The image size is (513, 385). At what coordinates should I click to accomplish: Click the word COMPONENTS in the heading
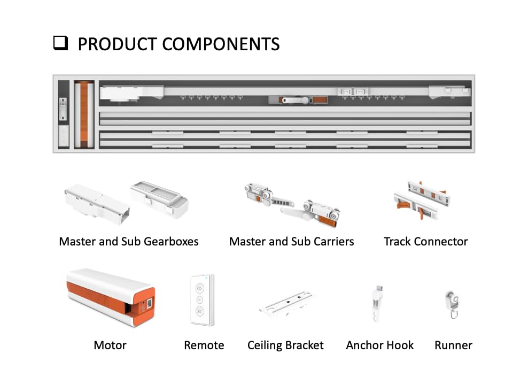[221, 44]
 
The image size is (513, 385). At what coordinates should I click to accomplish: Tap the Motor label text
[110, 345]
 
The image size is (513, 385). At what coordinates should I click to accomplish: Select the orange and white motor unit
[111, 298]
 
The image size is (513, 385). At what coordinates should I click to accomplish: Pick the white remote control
[202, 300]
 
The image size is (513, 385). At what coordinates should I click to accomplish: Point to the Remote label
[204, 345]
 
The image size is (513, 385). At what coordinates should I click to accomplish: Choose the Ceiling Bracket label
[285, 345]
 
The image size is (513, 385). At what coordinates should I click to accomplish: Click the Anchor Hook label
[379, 345]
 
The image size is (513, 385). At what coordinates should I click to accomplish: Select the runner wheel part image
[452, 304]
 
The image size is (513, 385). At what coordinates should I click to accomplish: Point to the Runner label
[453, 345]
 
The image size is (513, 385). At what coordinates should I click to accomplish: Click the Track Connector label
[425, 242]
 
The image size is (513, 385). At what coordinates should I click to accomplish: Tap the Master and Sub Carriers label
[291, 242]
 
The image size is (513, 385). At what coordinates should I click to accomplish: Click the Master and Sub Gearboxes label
[128, 242]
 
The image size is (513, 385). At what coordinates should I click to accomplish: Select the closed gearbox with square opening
[96, 203]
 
